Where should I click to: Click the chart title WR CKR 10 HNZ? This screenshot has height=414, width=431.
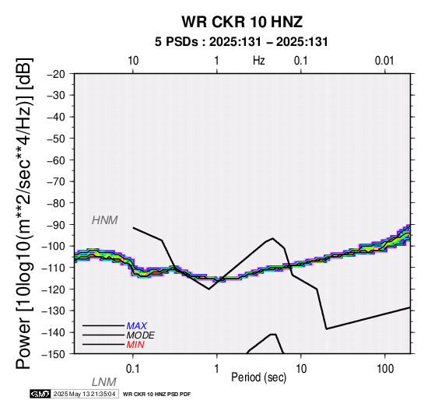tap(242, 22)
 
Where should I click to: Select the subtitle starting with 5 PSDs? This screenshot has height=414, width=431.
tap(241, 42)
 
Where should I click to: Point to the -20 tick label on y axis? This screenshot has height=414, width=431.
tap(56, 74)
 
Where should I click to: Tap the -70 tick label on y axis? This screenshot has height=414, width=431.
tap(56, 182)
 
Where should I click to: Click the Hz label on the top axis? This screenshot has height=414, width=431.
tap(258, 61)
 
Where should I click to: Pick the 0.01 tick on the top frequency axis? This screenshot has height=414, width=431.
tap(384, 61)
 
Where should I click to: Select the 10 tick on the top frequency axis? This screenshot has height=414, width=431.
tap(133, 61)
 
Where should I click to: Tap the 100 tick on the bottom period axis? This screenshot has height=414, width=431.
tap(385, 369)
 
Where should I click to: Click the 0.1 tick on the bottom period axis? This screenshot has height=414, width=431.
tap(132, 369)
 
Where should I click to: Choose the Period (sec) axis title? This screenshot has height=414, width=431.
tap(258, 377)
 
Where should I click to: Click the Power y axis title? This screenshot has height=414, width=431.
tap(24, 213)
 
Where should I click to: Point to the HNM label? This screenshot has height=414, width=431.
tap(105, 220)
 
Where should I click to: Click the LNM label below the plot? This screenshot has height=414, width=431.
tap(104, 382)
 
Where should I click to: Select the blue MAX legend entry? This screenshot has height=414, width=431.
tap(137, 326)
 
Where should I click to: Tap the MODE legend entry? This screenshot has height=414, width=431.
tap(141, 335)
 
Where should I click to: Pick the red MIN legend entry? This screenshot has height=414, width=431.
tap(135, 345)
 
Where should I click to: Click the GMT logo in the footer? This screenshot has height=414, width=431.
tap(40, 394)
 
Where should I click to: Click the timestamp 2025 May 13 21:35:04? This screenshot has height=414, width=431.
tap(84, 394)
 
